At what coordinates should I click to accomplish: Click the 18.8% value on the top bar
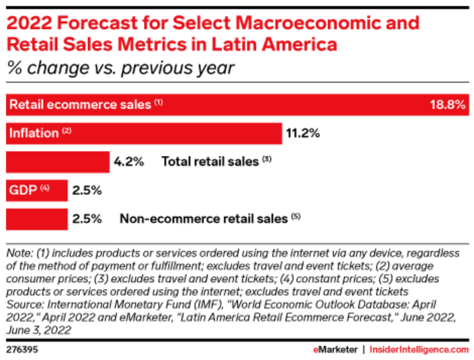[x=446, y=105]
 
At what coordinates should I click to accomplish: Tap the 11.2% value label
[x=303, y=133]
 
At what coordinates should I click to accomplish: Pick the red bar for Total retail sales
[x=57, y=162]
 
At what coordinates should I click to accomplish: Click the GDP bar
[x=36, y=190]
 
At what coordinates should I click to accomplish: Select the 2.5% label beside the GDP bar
[x=87, y=190]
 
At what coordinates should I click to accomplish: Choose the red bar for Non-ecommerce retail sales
[x=36, y=219]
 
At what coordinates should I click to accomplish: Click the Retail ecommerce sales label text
[x=81, y=105]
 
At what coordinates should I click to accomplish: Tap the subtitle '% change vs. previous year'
[x=120, y=68]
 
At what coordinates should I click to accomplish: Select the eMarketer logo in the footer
[x=334, y=349]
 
